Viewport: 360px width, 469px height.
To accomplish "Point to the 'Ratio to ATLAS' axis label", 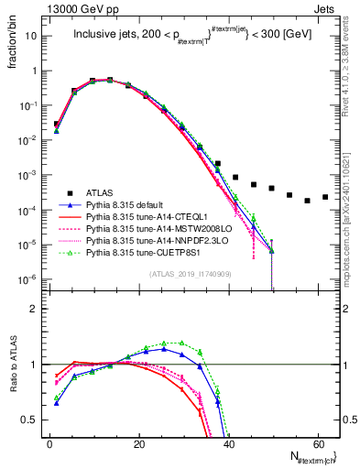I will click(x=12, y=364).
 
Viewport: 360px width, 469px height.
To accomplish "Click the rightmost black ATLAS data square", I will click(x=325, y=197).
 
